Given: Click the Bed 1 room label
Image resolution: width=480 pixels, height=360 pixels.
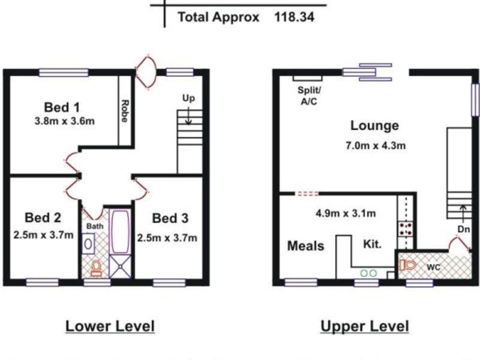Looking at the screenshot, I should tap(62, 107).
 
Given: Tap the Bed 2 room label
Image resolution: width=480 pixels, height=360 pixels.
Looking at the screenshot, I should tap(43, 217).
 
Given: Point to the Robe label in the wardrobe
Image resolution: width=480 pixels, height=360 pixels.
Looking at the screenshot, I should tap(124, 111).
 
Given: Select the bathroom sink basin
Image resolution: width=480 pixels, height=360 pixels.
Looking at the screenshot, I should tap(88, 244).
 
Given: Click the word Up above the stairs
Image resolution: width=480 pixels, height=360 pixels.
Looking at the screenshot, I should tap(188, 98).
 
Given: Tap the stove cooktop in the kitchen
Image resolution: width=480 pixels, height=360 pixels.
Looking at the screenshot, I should tap(406, 228).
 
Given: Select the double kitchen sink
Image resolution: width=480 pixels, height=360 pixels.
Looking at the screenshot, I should tap(368, 272).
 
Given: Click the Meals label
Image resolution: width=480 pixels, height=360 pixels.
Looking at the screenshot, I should tap(305, 245).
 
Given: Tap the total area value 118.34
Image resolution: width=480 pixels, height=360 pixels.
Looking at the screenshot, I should tap(295, 17).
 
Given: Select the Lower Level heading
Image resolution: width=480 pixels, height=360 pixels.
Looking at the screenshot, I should tap(110, 326).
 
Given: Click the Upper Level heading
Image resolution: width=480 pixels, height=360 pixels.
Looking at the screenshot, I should tap(365, 326).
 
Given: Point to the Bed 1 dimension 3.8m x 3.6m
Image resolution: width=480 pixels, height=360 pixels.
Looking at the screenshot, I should tap(65, 121).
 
